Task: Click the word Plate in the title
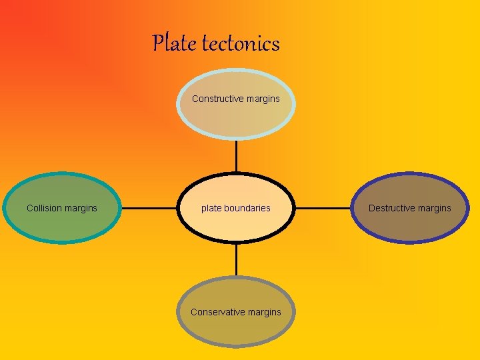click(175, 43)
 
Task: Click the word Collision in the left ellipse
click(45, 208)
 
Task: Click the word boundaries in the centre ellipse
click(247, 208)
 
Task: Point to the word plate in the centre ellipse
click(211, 208)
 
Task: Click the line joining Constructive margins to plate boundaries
click(236, 156)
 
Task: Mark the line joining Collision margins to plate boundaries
click(149, 208)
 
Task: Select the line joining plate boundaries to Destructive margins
click(323, 208)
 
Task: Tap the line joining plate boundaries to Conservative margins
click(236, 259)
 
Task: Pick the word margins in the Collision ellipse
click(81, 208)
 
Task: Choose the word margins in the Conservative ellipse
click(264, 312)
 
